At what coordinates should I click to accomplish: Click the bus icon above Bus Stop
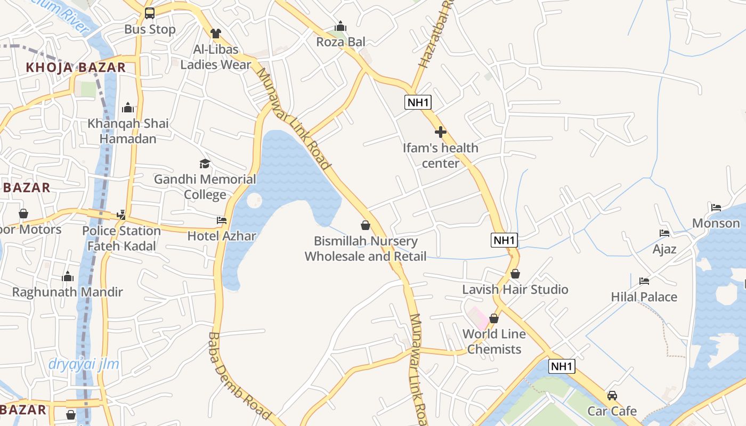[x=150, y=13]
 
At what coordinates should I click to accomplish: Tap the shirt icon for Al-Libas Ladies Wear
[x=215, y=34]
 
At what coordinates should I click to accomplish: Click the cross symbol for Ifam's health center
[x=441, y=132]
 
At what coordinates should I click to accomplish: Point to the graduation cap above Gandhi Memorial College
[x=205, y=163]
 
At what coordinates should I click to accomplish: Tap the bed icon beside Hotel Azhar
[x=222, y=220]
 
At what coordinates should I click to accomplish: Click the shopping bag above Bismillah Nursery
[x=366, y=225]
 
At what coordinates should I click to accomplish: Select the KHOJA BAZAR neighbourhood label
[x=76, y=68]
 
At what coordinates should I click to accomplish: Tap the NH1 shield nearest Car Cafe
[x=562, y=366]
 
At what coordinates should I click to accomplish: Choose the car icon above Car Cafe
[x=612, y=396]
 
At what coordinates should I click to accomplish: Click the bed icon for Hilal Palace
[x=644, y=281]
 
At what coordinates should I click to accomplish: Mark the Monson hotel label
[x=716, y=223]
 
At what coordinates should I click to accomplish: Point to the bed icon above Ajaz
[x=664, y=233]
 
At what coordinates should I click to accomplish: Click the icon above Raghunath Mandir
[x=68, y=276]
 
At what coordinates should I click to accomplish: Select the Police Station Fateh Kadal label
[x=121, y=238]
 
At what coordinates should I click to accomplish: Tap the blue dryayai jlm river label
[x=84, y=364]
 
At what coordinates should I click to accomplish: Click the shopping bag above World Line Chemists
[x=494, y=318]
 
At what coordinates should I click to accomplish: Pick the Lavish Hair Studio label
[x=515, y=290]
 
